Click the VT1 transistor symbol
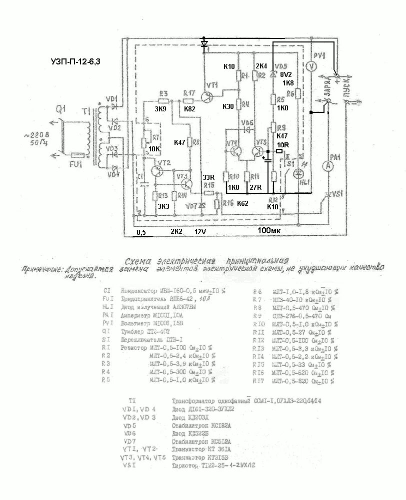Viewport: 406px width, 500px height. tap(207, 96)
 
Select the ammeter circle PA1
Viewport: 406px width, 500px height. tap(328, 165)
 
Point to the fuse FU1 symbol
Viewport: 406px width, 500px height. tap(78, 156)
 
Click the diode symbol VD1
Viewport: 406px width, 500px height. tap(114, 106)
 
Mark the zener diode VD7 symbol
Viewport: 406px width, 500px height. tap(202, 206)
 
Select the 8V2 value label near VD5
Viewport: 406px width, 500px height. tap(286, 74)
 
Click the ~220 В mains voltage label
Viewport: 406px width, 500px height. tap(36, 134)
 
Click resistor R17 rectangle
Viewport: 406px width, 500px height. tap(189, 100)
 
